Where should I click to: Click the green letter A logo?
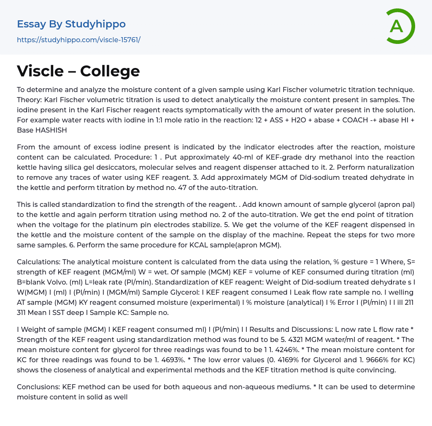400,26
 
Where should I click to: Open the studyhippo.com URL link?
78,40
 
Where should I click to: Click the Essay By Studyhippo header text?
71,24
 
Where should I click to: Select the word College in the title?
110,71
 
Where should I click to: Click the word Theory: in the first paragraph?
31,100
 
